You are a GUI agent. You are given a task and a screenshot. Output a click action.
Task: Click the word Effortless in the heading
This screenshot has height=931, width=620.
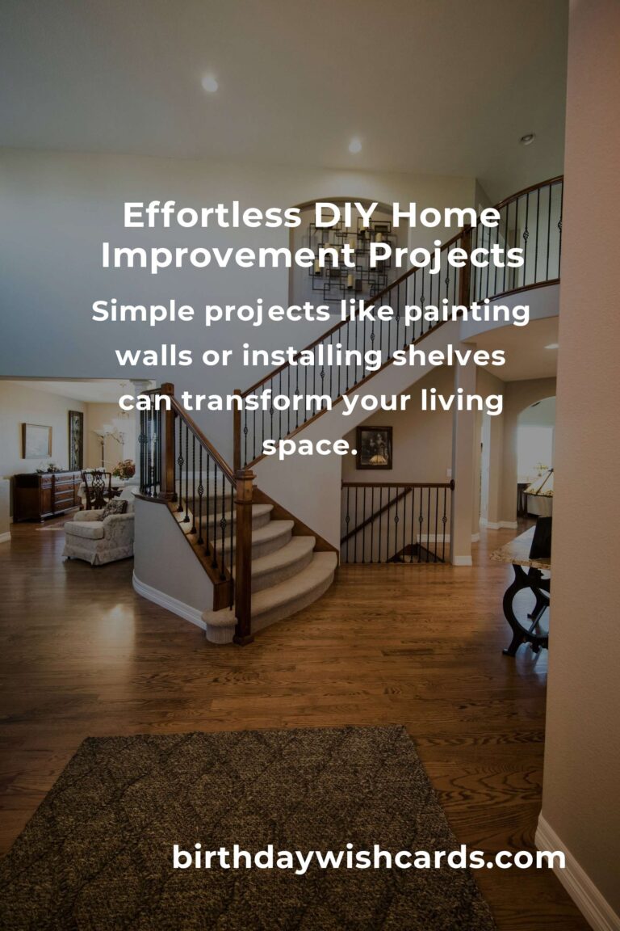212,215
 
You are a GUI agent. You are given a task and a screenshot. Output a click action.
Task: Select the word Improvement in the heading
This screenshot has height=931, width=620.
228,256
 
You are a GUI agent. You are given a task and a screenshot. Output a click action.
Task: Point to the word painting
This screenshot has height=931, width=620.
467,312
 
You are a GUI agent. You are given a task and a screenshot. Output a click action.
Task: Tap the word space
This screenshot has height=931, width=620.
310,446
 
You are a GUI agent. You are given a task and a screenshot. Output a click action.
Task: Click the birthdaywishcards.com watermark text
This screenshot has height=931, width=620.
368,858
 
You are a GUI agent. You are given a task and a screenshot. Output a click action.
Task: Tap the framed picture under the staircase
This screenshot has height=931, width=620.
374,447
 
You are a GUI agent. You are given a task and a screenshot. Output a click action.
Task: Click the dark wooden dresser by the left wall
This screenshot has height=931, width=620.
47,495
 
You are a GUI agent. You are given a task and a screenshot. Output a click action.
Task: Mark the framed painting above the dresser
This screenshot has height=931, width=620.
37,440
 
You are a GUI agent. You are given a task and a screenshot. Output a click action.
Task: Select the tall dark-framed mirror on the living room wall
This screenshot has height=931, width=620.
76,440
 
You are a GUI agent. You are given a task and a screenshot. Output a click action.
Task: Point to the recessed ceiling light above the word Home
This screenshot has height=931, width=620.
354,145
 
